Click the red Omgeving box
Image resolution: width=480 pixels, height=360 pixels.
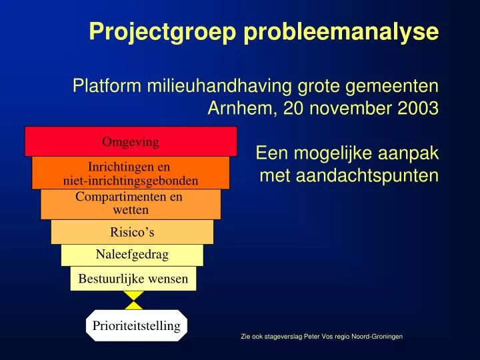coord(131,141)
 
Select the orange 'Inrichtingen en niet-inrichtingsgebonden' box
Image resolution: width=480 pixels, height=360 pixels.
coord(131,173)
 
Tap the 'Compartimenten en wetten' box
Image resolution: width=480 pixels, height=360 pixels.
coord(131,204)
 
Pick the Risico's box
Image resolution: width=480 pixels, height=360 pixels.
coord(132,232)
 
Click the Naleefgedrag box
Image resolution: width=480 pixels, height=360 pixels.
coord(132,255)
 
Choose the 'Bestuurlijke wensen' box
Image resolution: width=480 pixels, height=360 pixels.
coord(133,279)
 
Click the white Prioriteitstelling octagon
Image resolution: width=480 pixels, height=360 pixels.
coord(137,325)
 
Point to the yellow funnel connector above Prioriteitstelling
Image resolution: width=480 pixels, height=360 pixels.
coord(134,301)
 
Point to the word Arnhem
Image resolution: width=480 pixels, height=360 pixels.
coord(239,109)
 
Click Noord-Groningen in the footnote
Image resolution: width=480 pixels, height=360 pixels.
coord(379,337)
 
